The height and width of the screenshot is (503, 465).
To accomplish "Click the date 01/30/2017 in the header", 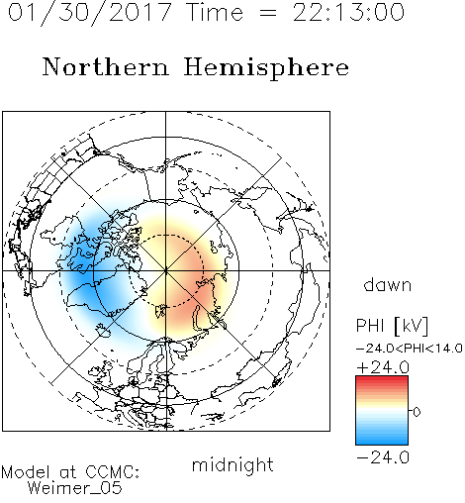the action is point(90,13).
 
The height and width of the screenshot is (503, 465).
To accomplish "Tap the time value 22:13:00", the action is point(348,12).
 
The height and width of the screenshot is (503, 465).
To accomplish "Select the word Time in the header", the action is point(215,12).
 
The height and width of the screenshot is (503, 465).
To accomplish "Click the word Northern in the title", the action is point(106,66).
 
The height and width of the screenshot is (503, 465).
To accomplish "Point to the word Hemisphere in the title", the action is point(266,68).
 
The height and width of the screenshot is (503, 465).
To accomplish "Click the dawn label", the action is point(388,284).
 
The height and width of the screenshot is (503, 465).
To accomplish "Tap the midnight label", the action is point(232,464).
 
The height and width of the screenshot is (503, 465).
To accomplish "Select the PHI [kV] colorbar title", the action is point(392,326).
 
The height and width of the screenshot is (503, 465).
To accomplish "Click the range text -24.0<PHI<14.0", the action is point(410,349).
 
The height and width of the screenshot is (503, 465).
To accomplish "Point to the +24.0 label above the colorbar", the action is point(383,367).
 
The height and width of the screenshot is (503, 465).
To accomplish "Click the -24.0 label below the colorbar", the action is point(383,457).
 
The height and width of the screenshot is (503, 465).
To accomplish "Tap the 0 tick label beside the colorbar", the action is point(417,412).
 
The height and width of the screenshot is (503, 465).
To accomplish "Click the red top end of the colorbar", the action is point(382,378).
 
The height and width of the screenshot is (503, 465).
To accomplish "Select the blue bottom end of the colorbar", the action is point(382,442).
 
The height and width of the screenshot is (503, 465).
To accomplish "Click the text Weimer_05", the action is point(75,488).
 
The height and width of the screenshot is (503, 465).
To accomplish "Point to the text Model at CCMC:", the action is point(70,472).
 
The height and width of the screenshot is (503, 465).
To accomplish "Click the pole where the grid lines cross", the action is point(166,270).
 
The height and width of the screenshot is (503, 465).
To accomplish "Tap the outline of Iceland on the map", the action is point(103,331).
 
